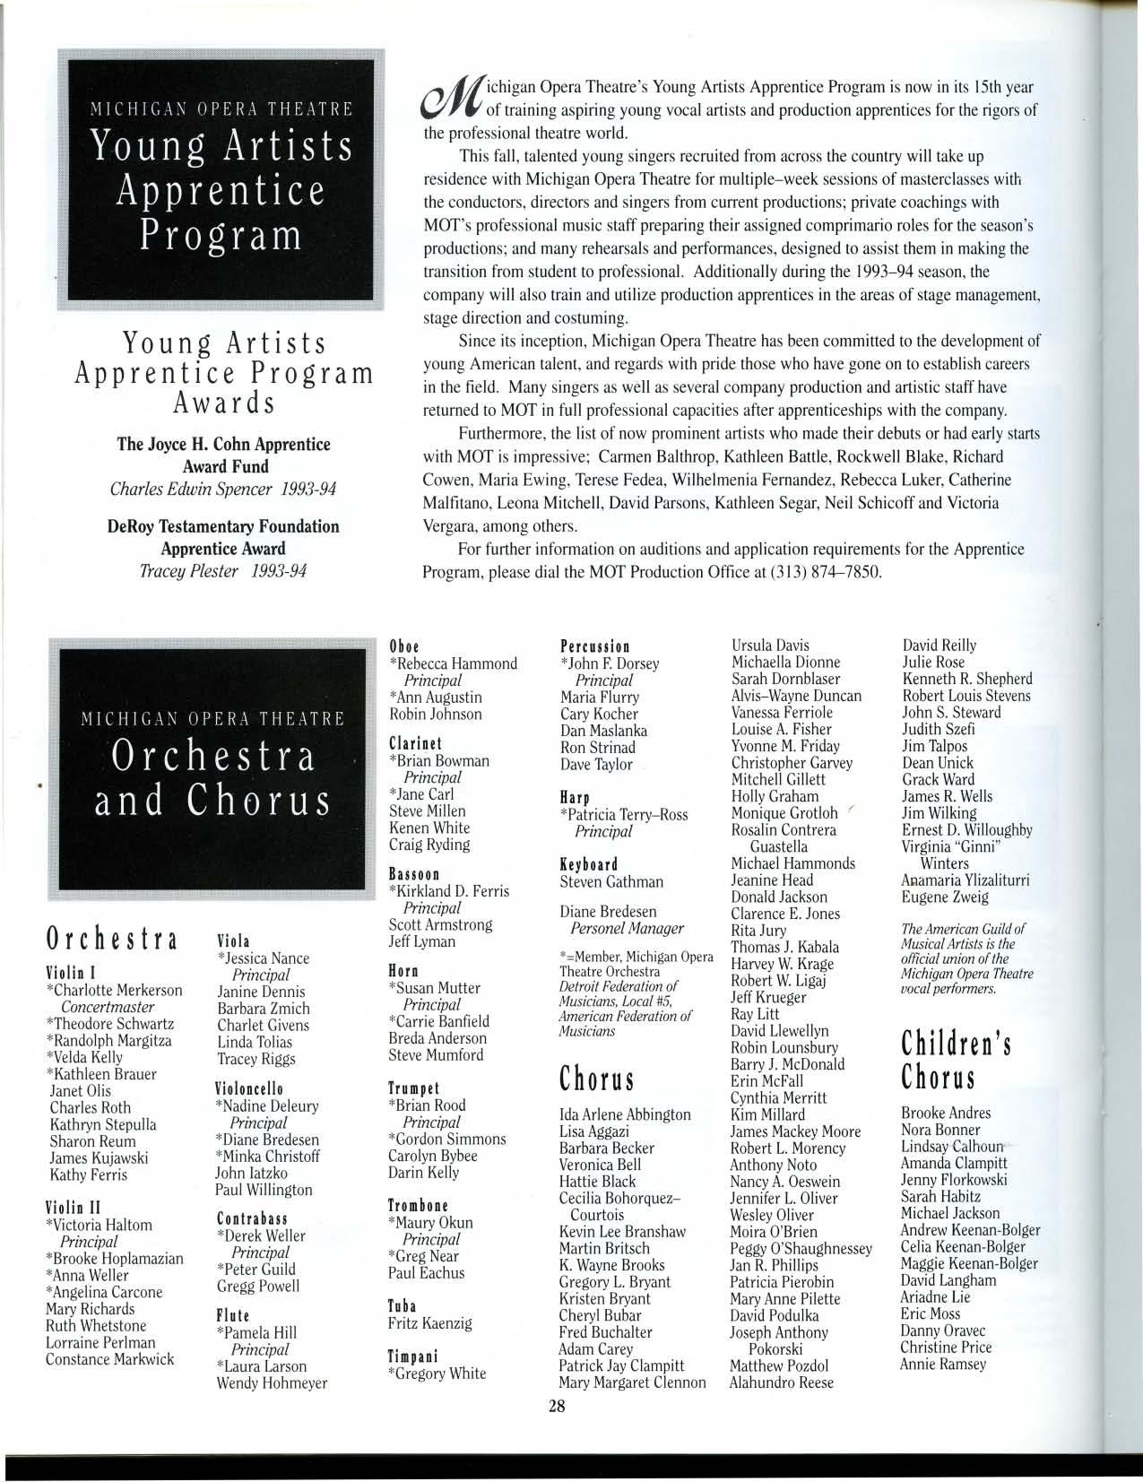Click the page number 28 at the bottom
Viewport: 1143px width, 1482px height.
[x=558, y=1407]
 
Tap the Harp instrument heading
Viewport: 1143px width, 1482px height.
[x=574, y=797]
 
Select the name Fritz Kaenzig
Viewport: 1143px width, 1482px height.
[x=429, y=1322]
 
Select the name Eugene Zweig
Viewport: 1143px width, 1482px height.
[x=945, y=897]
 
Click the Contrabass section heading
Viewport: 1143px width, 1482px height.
[x=252, y=1218]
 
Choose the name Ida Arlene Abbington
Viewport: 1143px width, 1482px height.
[x=624, y=1114]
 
